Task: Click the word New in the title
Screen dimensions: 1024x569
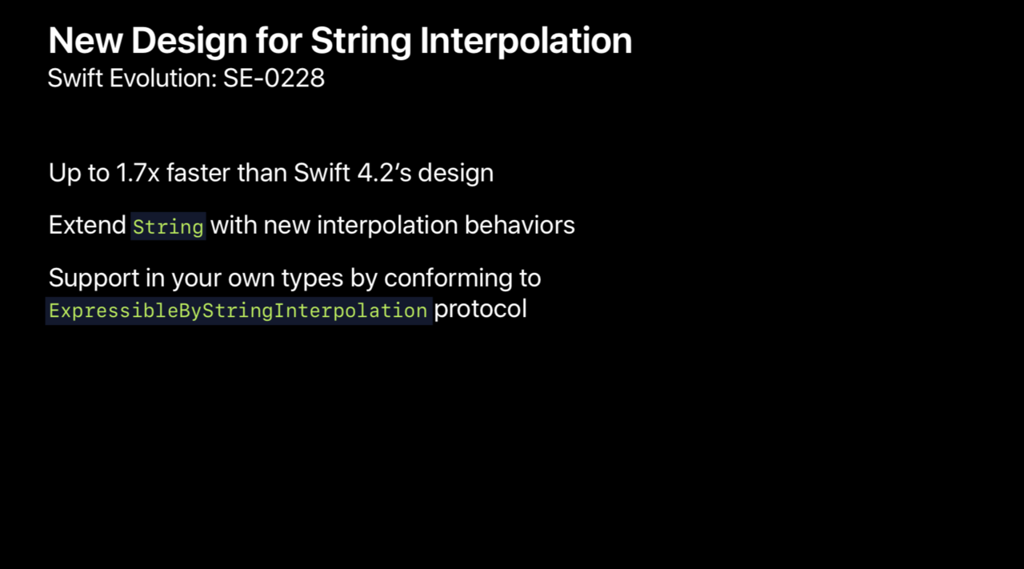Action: (x=86, y=41)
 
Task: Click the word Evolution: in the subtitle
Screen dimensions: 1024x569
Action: (x=163, y=78)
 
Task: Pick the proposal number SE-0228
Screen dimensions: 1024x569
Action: (x=274, y=78)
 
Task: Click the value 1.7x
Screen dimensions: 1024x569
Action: (x=138, y=174)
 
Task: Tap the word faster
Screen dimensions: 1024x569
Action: (x=198, y=173)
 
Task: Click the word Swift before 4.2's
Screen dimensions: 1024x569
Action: (x=322, y=173)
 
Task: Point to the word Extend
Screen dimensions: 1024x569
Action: (x=87, y=226)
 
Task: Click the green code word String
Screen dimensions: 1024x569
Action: (x=168, y=226)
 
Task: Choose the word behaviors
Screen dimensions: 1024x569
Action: (x=520, y=226)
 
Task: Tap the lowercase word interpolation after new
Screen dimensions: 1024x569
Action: (x=388, y=226)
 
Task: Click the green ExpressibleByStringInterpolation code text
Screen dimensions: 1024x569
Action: (x=238, y=311)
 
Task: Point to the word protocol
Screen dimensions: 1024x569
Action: (x=481, y=310)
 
